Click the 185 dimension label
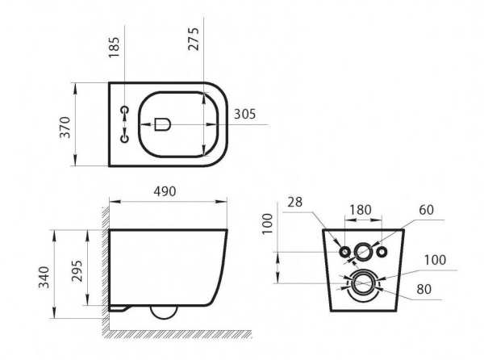pos(115,48)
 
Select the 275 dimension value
pos(194,40)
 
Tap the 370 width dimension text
pos(65,128)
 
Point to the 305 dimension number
pos(245,115)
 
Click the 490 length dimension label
pos(165,191)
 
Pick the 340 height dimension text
pos(44,277)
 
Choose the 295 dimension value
pos(77,270)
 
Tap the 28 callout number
pos(294,203)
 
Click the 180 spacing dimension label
pos(361,210)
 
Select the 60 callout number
pos(427,210)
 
